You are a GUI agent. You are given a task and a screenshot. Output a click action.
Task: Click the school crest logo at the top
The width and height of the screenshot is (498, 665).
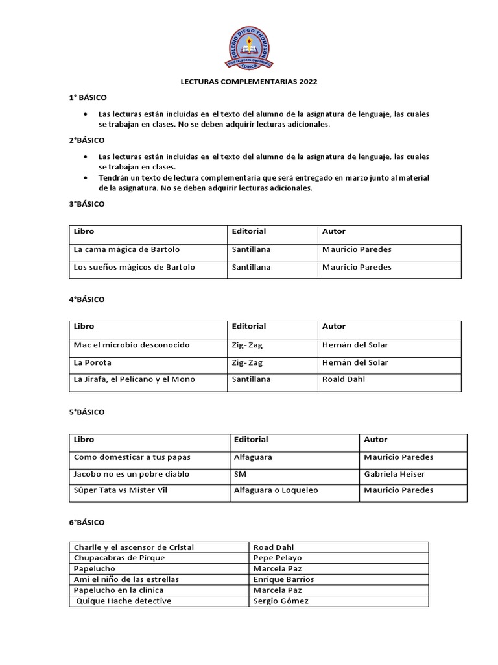249,47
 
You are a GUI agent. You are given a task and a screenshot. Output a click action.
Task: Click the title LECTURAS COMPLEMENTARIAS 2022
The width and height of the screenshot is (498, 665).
248,82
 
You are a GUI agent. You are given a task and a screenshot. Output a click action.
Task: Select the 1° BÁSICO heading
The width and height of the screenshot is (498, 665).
88,97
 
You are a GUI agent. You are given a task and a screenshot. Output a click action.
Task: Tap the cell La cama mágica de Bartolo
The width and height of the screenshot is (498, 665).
126,249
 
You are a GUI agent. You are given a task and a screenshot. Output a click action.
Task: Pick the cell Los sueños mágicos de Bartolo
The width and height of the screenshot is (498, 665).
134,267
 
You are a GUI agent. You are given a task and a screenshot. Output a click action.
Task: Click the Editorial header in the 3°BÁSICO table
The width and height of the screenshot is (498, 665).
249,231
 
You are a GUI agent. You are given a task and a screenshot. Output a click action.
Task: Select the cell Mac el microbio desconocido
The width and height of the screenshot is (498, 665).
132,345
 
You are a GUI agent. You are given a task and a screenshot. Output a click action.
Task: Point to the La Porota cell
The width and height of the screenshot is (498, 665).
93,362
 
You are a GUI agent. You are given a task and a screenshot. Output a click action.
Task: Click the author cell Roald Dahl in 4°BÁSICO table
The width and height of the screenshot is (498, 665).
344,379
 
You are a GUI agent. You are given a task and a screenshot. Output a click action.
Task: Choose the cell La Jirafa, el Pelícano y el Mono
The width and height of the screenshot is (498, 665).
134,379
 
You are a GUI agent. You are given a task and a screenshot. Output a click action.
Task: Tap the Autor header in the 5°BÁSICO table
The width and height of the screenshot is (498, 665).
375,440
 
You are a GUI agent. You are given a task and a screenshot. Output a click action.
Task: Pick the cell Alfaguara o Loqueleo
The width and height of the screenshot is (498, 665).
276,490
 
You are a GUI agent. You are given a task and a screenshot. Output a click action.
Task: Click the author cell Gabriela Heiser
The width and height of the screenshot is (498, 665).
394,474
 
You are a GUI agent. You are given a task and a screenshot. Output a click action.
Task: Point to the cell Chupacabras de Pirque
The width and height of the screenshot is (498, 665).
119,558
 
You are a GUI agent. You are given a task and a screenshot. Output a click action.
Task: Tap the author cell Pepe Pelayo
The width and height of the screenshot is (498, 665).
278,558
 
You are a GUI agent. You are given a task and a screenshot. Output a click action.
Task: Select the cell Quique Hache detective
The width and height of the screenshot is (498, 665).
123,601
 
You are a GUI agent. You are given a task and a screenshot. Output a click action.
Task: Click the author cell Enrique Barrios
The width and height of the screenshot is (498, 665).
283,579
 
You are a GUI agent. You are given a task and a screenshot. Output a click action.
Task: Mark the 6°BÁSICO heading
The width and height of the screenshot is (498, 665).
87,522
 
